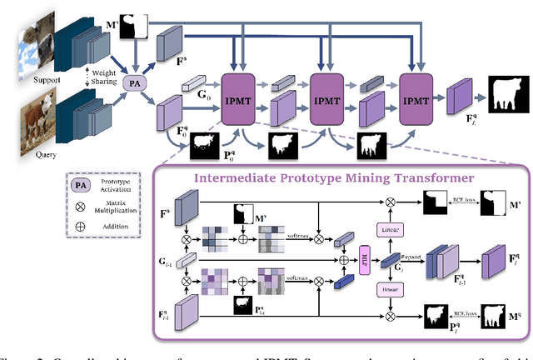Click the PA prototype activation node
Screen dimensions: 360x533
132,83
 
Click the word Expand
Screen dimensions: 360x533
410,247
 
